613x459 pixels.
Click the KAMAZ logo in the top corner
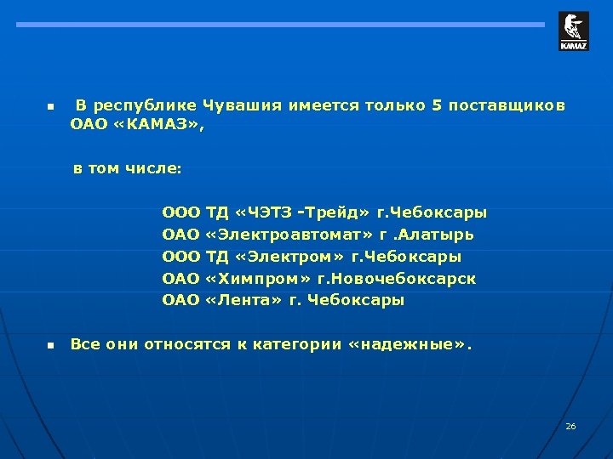click(x=573, y=31)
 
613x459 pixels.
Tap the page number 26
click(x=570, y=425)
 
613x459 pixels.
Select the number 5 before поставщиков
click(x=437, y=106)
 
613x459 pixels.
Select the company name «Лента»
click(x=243, y=301)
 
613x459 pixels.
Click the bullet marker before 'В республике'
click(x=49, y=108)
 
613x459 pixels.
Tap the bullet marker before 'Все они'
click(x=49, y=346)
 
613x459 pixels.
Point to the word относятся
click(x=187, y=345)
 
